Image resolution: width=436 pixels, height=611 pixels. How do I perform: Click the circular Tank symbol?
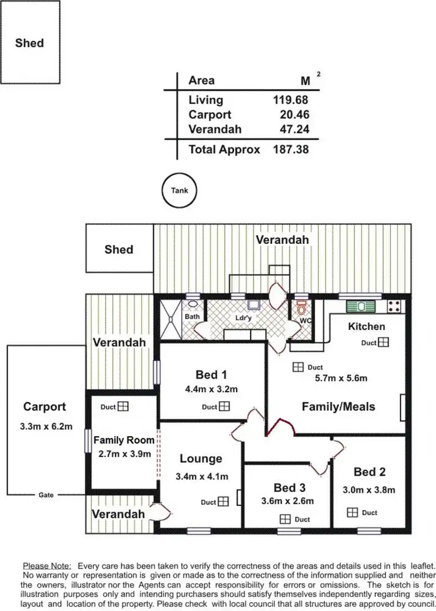(x=179, y=190)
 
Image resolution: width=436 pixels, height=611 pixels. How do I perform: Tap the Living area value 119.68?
(x=290, y=100)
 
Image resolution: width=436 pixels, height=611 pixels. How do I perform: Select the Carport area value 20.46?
(x=294, y=114)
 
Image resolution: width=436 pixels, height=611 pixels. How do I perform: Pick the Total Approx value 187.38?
(x=290, y=149)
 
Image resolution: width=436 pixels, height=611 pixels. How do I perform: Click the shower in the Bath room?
(x=170, y=318)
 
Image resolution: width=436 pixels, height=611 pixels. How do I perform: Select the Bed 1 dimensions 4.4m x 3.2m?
(x=212, y=389)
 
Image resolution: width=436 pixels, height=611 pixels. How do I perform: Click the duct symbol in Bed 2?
(x=352, y=512)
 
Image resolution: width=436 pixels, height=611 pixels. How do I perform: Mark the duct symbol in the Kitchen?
(x=383, y=343)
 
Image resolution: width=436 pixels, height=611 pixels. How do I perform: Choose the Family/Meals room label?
(x=338, y=407)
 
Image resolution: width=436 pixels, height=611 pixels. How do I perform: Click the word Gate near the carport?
(x=46, y=495)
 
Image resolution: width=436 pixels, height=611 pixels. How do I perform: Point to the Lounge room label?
(x=201, y=459)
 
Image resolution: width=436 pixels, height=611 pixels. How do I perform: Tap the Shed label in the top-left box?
(x=29, y=42)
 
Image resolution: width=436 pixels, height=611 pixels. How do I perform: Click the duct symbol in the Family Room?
(x=123, y=407)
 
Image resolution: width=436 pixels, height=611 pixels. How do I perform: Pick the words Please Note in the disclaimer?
(x=47, y=565)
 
